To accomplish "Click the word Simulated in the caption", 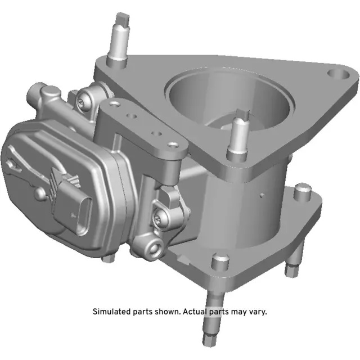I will coord(111,311).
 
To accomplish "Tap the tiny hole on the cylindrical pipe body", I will coord(262,196).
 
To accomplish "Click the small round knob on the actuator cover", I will coord(40,192).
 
